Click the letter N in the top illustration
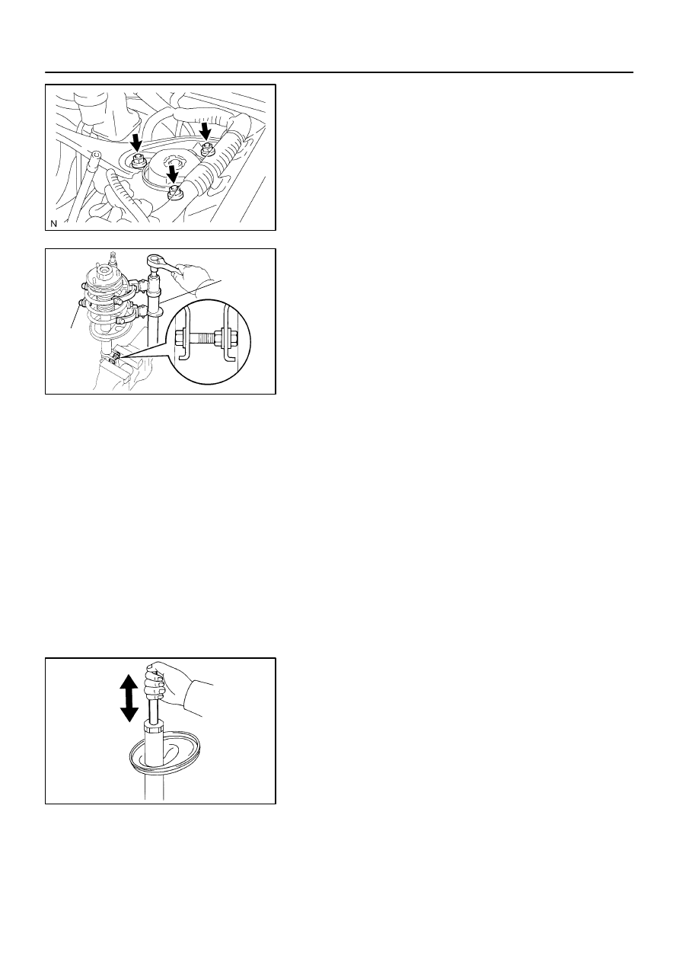pyautogui.click(x=53, y=224)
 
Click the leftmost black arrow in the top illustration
pyautogui.click(x=137, y=142)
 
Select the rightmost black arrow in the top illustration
pyautogui.click(x=206, y=130)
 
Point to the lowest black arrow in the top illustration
pyautogui.click(x=174, y=174)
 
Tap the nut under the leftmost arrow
pyautogui.click(x=139, y=161)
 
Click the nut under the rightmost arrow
pyautogui.click(x=207, y=150)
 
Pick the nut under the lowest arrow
pyautogui.click(x=174, y=193)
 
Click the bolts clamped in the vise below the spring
pyautogui.click(x=115, y=357)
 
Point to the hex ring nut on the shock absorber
pyautogui.click(x=154, y=728)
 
